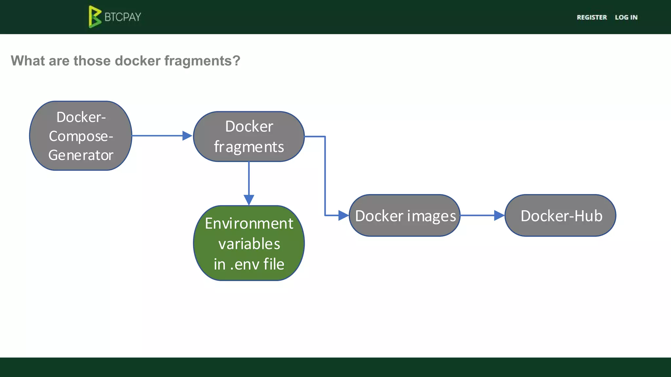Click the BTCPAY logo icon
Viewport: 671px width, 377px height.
95,17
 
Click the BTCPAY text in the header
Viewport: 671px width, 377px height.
123,17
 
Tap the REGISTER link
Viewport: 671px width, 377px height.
592,17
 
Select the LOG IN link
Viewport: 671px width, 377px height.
626,17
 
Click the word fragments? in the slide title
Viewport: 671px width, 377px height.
202,61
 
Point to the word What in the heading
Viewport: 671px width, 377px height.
28,61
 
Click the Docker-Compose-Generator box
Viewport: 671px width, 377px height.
81,136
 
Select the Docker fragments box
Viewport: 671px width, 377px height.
249,136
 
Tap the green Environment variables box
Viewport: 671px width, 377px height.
249,243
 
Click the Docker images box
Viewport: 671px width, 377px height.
405,216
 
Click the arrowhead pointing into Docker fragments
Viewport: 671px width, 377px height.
187,135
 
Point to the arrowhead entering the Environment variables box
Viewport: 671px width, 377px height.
249,200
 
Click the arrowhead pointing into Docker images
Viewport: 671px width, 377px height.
343,215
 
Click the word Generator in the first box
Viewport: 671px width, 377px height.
81,155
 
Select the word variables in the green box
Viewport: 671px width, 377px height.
249,244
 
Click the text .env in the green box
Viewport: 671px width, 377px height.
245,264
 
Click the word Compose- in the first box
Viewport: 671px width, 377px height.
81,136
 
